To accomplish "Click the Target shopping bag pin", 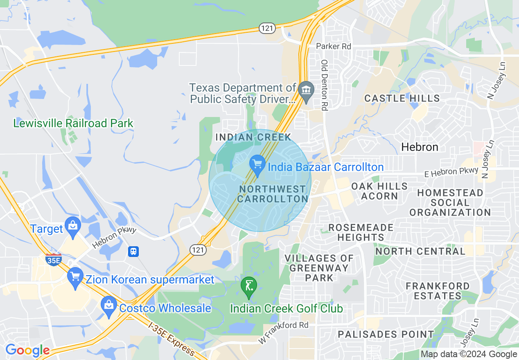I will [73, 227].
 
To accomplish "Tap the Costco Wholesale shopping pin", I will [108, 306].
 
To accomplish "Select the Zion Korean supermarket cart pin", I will [75, 277].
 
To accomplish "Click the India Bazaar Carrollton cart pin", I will [257, 164].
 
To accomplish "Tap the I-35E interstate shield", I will [54, 259].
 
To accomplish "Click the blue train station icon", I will [133, 251].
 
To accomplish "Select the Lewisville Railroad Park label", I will [73, 123].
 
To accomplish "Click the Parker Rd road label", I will [334, 46].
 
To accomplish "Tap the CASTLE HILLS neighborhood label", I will [402, 98].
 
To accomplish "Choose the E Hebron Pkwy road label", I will [451, 172].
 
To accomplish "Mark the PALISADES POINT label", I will [386, 334].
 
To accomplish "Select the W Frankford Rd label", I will [283, 333].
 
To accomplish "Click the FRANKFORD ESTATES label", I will [438, 290].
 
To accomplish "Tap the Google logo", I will [27, 350].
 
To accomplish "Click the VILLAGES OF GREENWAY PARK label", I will [319, 268].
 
